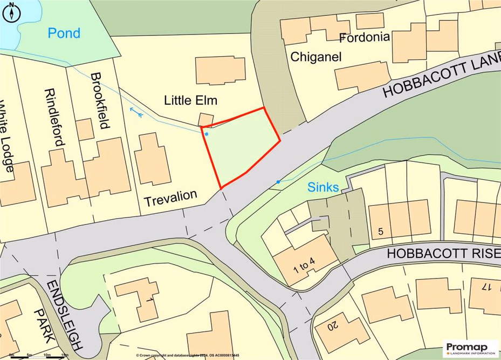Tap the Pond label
64,33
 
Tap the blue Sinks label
323,188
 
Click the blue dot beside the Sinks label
278,182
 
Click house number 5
381,232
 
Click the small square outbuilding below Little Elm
206,119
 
